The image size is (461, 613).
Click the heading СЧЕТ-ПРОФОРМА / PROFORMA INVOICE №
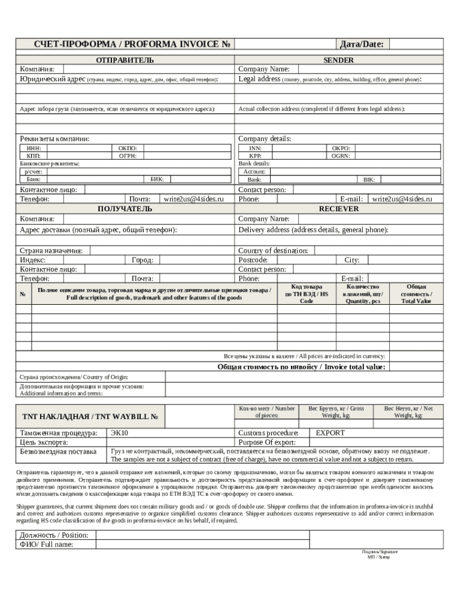[x=125, y=44]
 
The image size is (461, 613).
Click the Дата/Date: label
[x=362, y=44]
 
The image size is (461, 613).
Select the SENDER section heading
[x=338, y=60]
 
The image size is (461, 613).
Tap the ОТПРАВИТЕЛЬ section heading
[x=125, y=60]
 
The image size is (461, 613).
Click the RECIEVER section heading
[x=338, y=209]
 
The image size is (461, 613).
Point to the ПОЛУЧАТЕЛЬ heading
[x=125, y=209]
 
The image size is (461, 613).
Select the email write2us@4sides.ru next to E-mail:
[x=402, y=199]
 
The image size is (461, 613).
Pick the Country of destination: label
[x=273, y=251]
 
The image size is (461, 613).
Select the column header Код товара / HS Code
[x=306, y=294]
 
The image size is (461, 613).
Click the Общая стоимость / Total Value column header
[x=416, y=294]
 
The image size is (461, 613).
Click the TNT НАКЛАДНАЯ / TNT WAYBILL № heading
[x=90, y=417]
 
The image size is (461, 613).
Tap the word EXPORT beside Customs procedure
[x=330, y=433]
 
